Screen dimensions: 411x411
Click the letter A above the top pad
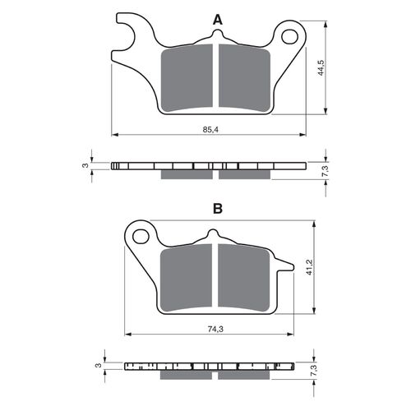click(217, 19)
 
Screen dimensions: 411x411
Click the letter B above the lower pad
click(217, 209)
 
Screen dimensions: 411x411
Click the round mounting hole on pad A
click(290, 36)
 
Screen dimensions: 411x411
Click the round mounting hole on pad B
click(141, 237)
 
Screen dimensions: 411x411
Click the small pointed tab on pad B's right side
click(285, 265)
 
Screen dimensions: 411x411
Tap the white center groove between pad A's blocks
click(217, 78)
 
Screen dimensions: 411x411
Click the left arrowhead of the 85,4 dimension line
click(114, 134)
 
